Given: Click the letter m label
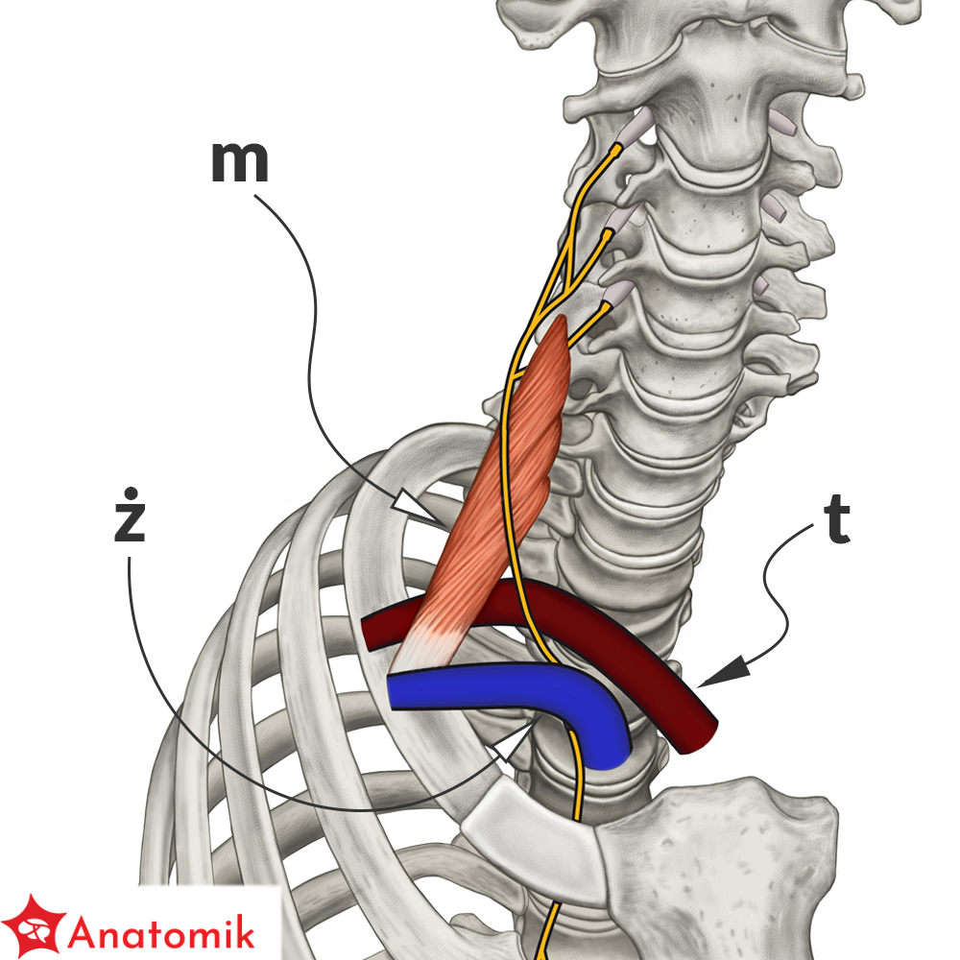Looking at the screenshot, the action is click(x=239, y=162).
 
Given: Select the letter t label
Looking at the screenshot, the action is click(x=836, y=520).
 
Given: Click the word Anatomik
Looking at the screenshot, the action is click(x=161, y=932).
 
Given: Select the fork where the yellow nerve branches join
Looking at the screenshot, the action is click(x=567, y=286).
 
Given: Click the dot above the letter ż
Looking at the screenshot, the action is click(x=130, y=492).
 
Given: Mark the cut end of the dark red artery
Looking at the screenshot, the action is click(x=698, y=737).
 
